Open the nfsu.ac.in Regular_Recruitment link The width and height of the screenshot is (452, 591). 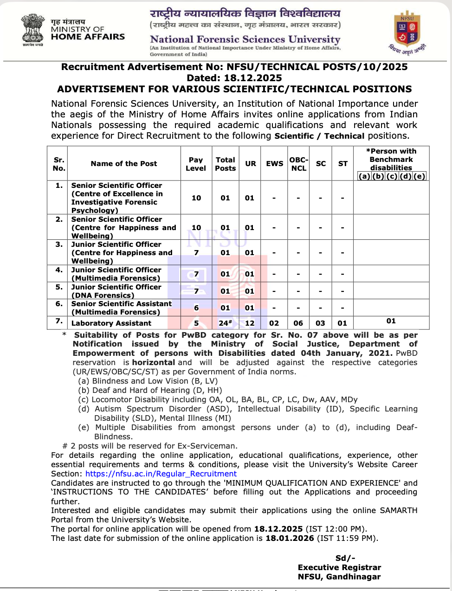tap(161, 474)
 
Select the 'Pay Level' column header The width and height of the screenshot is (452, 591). tap(196, 164)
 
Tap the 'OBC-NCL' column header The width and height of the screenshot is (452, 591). tap(298, 164)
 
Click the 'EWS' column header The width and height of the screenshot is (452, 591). tap(274, 164)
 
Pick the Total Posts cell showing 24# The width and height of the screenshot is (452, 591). tap(226, 323)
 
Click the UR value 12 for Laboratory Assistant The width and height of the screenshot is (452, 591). tap(250, 323)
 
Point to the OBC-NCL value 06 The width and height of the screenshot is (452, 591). tap(298, 323)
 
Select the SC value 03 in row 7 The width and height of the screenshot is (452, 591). tap(321, 323)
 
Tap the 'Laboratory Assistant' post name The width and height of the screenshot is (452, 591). tap(111, 323)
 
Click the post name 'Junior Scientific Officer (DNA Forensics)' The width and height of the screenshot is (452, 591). tap(116, 291)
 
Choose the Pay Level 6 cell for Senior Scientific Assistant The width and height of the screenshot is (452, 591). tap(196, 308)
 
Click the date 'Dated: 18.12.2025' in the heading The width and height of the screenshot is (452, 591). tap(234, 78)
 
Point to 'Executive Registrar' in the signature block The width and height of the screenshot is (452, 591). tap(339, 567)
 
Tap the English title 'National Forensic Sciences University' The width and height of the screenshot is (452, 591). tap(245, 39)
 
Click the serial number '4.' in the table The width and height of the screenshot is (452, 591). tap(59, 270)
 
